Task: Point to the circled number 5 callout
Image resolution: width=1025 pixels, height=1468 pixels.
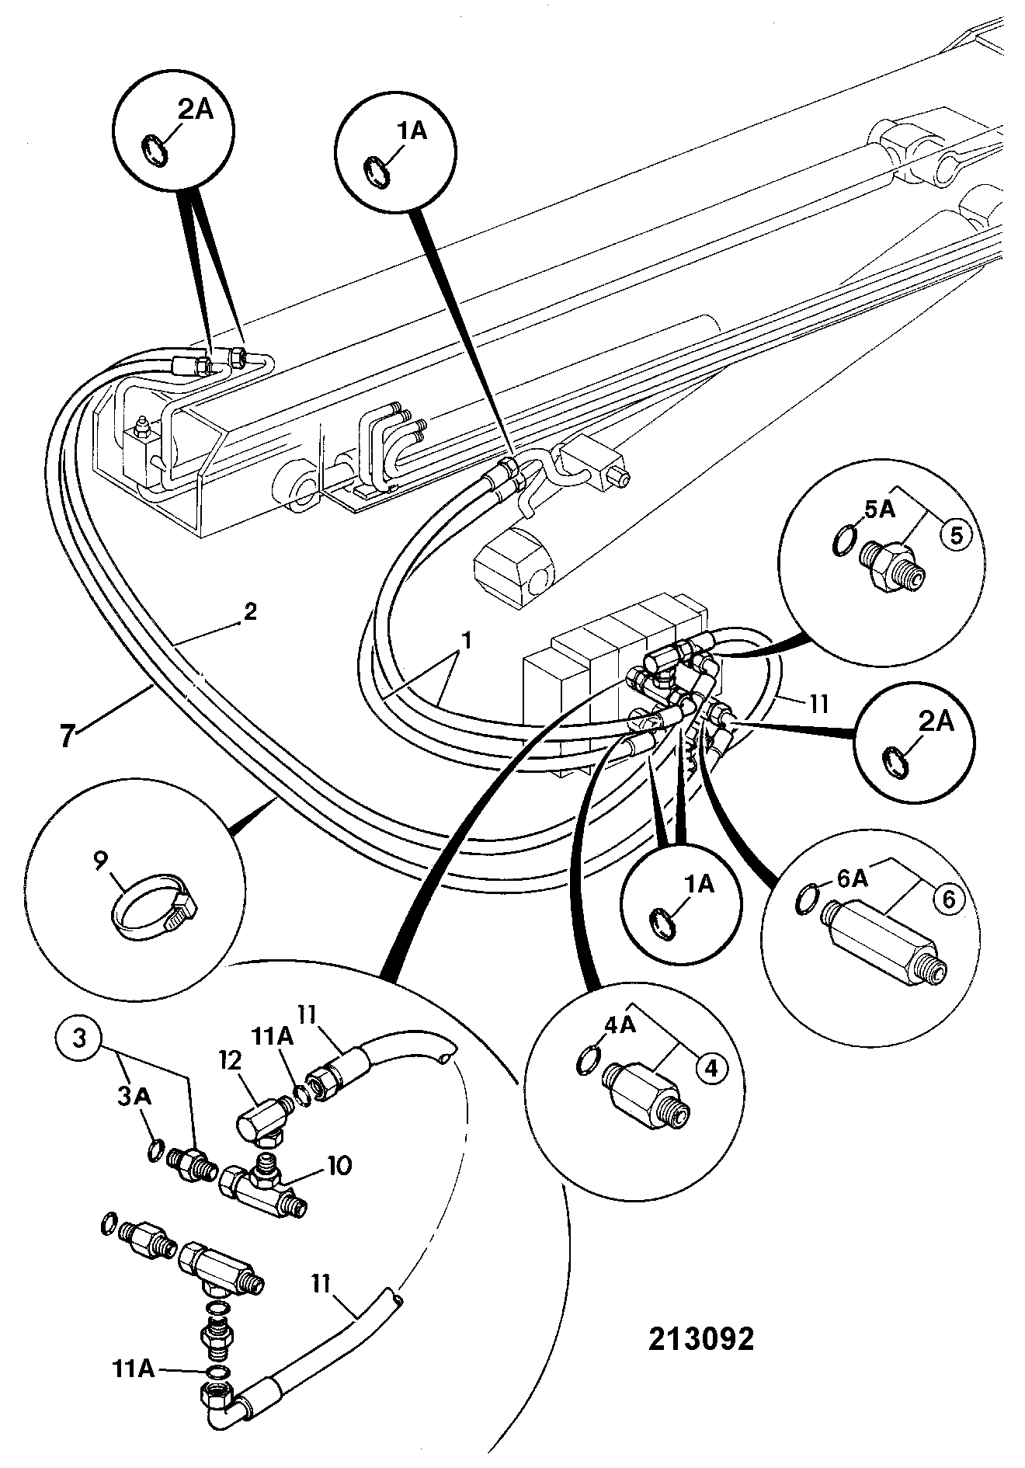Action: coord(956,535)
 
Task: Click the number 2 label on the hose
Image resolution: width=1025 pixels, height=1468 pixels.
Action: coord(249,611)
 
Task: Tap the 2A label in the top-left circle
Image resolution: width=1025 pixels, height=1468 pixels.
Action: coord(196,110)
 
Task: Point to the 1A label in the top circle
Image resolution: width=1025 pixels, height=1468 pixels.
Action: coord(412,131)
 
